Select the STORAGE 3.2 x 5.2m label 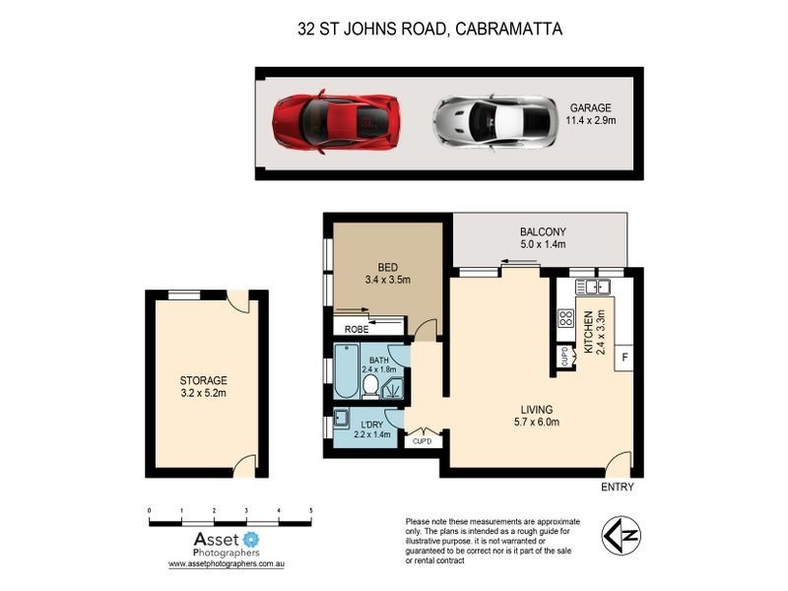coord(203,387)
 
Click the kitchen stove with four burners coord(566,318)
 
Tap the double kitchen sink coord(594,288)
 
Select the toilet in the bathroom coord(370,388)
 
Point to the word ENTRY coord(617,488)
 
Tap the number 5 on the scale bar coord(311,510)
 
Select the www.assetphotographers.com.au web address coord(227,564)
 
